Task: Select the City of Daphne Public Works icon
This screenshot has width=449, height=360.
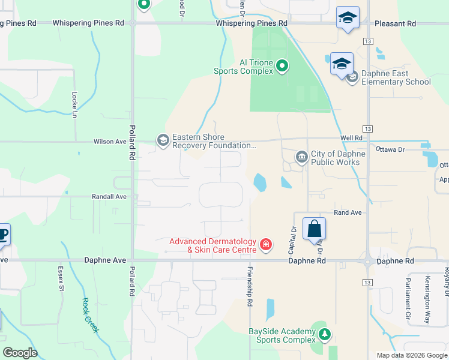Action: pyautogui.click(x=301, y=157)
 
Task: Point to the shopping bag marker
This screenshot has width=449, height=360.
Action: pyautogui.click(x=315, y=229)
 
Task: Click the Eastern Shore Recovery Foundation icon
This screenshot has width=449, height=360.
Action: pyautogui.click(x=163, y=140)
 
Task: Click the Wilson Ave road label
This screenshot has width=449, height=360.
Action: pyautogui.click(x=110, y=142)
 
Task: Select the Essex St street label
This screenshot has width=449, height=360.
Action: pyautogui.click(x=61, y=279)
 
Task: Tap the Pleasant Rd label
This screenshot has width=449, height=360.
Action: pyautogui.click(x=395, y=23)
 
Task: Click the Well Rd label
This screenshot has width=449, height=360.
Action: pyautogui.click(x=351, y=138)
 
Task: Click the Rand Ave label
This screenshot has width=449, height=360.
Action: pyautogui.click(x=348, y=212)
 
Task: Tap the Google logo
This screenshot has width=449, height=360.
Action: pyautogui.click(x=20, y=353)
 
